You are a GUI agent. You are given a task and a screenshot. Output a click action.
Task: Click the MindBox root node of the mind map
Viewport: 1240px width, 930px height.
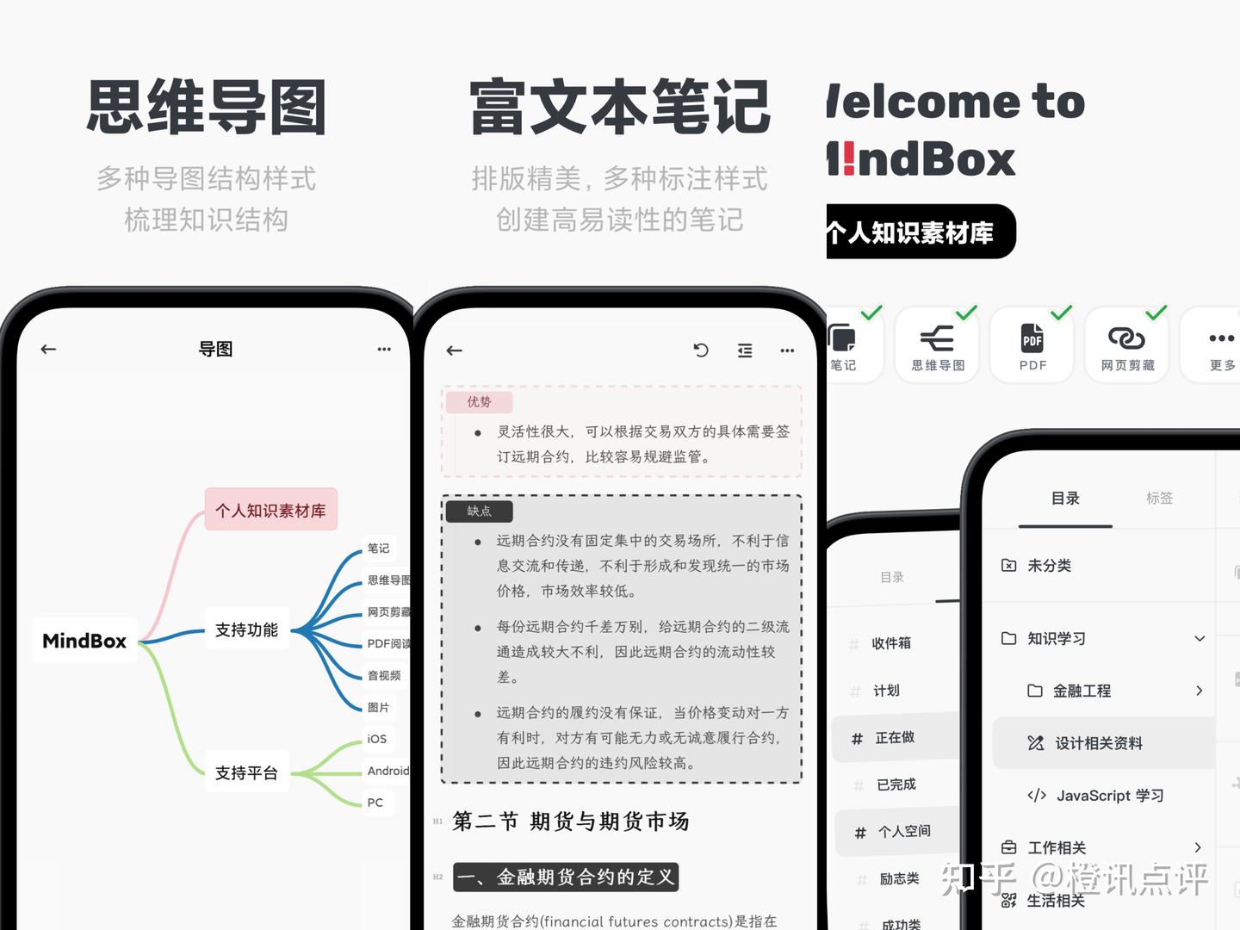pyautogui.click(x=84, y=641)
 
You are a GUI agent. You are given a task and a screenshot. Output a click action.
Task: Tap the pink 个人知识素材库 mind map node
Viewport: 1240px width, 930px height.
pyautogui.click(x=270, y=510)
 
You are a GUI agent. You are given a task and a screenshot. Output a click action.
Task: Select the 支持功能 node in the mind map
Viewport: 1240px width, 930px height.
pyautogui.click(x=246, y=630)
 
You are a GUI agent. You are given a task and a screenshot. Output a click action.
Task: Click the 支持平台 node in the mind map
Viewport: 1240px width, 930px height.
pyautogui.click(x=246, y=772)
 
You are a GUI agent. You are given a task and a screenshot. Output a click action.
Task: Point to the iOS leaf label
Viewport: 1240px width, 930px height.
pyautogui.click(x=377, y=739)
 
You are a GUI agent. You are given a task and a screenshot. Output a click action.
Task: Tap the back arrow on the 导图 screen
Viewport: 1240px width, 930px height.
pyautogui.click(x=48, y=349)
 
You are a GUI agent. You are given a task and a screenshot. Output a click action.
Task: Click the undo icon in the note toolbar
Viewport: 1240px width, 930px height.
pyautogui.click(x=701, y=350)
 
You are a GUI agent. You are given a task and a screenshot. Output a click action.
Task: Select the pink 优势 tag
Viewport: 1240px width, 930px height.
pyautogui.click(x=479, y=402)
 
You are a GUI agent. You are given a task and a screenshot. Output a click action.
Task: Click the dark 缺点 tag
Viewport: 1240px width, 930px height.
pyautogui.click(x=479, y=512)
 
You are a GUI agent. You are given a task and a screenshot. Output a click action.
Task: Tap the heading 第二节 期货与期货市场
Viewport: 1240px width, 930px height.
pyautogui.click(x=570, y=821)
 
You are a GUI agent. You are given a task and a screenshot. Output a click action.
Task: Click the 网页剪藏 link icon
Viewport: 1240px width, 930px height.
pyautogui.click(x=1126, y=338)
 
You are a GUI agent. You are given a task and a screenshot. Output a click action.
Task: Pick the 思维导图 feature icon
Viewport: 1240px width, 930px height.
pyautogui.click(x=937, y=338)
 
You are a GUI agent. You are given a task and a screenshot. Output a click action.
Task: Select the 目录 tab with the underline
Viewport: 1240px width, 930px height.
pyautogui.click(x=1065, y=499)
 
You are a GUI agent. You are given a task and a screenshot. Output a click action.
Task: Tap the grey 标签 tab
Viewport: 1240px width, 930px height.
pyautogui.click(x=1159, y=498)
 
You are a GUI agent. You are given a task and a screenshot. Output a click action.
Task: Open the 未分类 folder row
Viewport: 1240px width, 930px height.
pyautogui.click(x=1049, y=566)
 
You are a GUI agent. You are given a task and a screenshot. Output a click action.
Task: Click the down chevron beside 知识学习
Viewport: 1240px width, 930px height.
pyautogui.click(x=1200, y=638)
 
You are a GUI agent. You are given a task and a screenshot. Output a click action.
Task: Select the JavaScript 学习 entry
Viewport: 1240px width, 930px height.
pyautogui.click(x=1109, y=796)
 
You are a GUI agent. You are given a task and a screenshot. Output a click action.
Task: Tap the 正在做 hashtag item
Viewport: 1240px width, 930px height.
pyautogui.click(x=894, y=738)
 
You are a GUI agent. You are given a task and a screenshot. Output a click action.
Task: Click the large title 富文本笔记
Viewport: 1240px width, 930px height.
pyautogui.click(x=620, y=108)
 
